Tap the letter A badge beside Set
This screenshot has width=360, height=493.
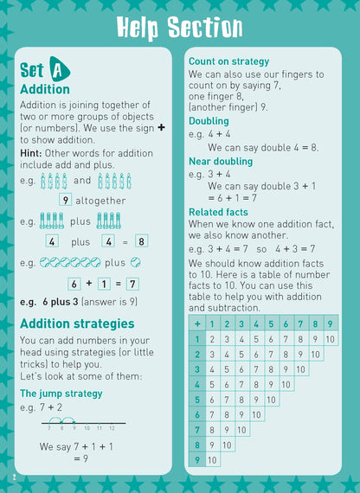point(59,68)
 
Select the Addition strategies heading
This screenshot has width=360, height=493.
point(77,323)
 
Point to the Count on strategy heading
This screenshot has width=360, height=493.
point(228,61)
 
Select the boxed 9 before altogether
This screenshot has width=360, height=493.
point(65,200)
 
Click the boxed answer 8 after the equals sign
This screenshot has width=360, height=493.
point(141,241)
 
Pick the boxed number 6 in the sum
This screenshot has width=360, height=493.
point(74,283)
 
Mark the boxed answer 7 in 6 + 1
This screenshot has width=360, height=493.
point(132,283)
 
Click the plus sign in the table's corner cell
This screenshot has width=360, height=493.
point(197,324)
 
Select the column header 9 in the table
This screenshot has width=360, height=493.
point(330,324)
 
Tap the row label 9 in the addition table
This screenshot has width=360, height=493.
point(197,460)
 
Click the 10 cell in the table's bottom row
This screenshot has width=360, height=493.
point(212,460)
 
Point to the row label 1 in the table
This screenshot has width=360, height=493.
point(197,339)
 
